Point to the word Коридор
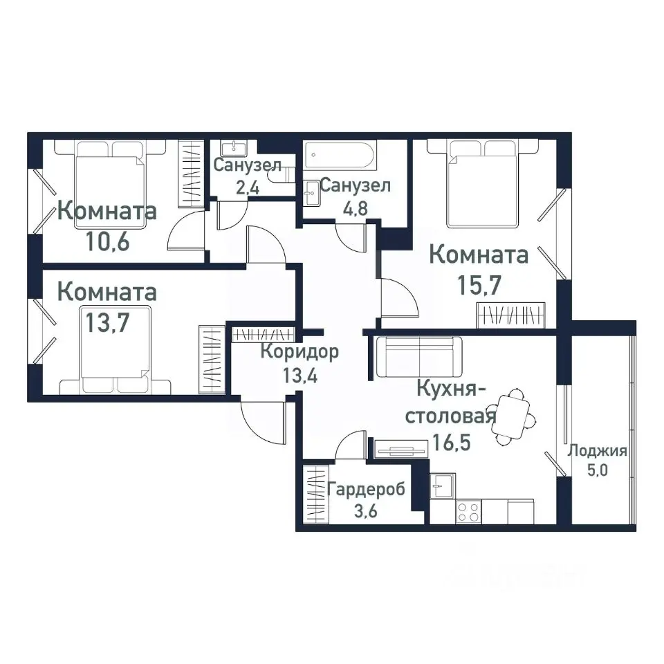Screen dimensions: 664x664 coord(299,352)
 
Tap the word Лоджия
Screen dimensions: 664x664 coord(596,452)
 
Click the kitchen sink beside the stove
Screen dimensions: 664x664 coord(441,485)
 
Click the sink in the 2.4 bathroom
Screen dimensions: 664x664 coord(233,147)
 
